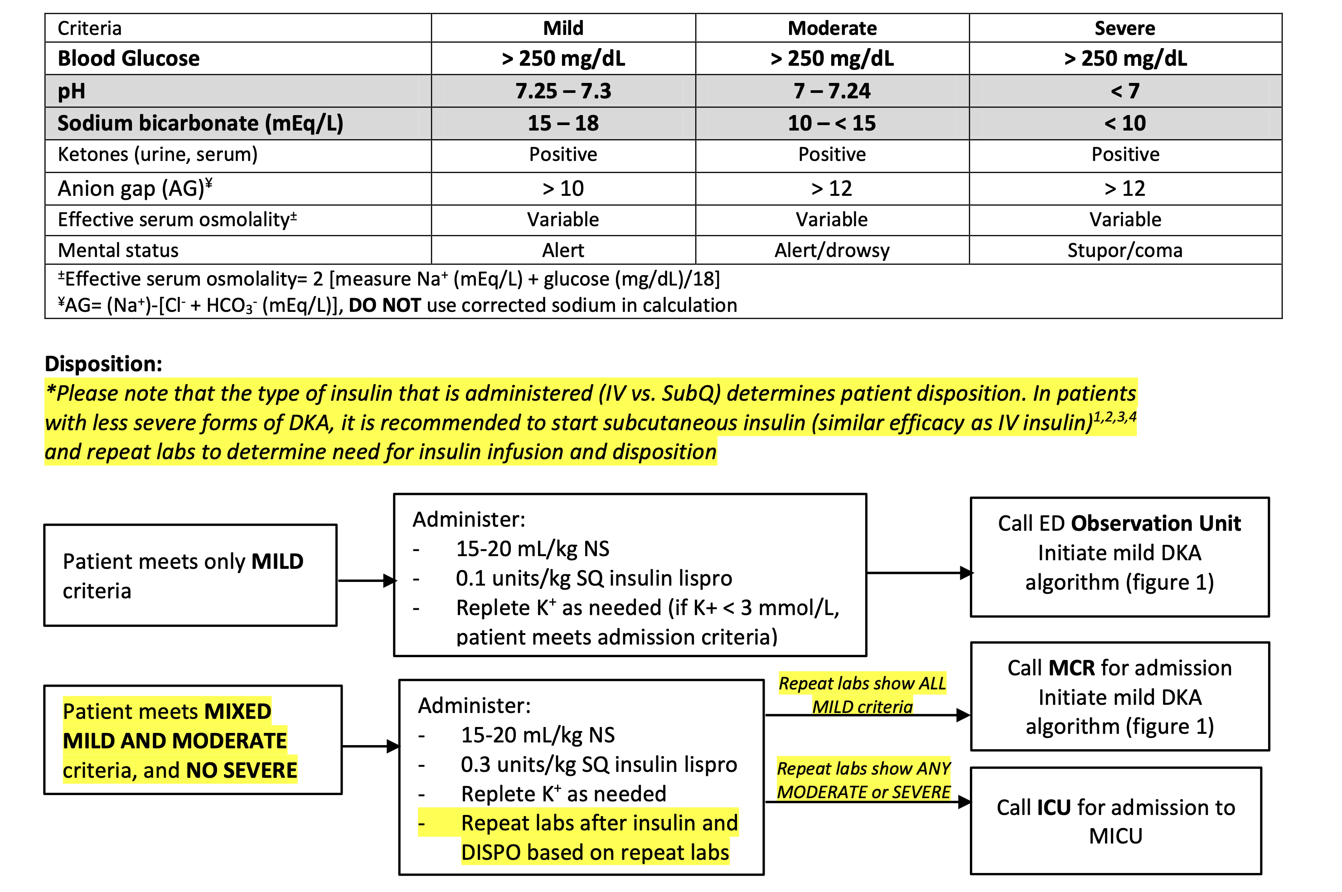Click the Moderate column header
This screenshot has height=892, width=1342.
[832, 28]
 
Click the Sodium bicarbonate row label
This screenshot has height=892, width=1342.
[200, 123]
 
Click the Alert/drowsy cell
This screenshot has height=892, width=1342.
[832, 250]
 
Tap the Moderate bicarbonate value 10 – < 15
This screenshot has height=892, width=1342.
[832, 123]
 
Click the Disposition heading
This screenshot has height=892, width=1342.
[103, 364]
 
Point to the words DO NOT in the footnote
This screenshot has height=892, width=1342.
[385, 305]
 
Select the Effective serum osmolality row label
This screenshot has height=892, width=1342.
[177, 219]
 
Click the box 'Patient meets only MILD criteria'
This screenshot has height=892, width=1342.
[190, 575]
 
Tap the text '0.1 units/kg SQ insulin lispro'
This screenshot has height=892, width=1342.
[593, 578]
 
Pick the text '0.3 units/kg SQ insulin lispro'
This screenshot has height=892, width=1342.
[598, 765]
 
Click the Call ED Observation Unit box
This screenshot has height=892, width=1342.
[1119, 557]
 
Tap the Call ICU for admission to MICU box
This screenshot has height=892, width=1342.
[1115, 821]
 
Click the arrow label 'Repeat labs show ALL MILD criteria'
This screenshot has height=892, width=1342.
[862, 694]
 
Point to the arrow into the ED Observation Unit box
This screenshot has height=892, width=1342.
[918, 573]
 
